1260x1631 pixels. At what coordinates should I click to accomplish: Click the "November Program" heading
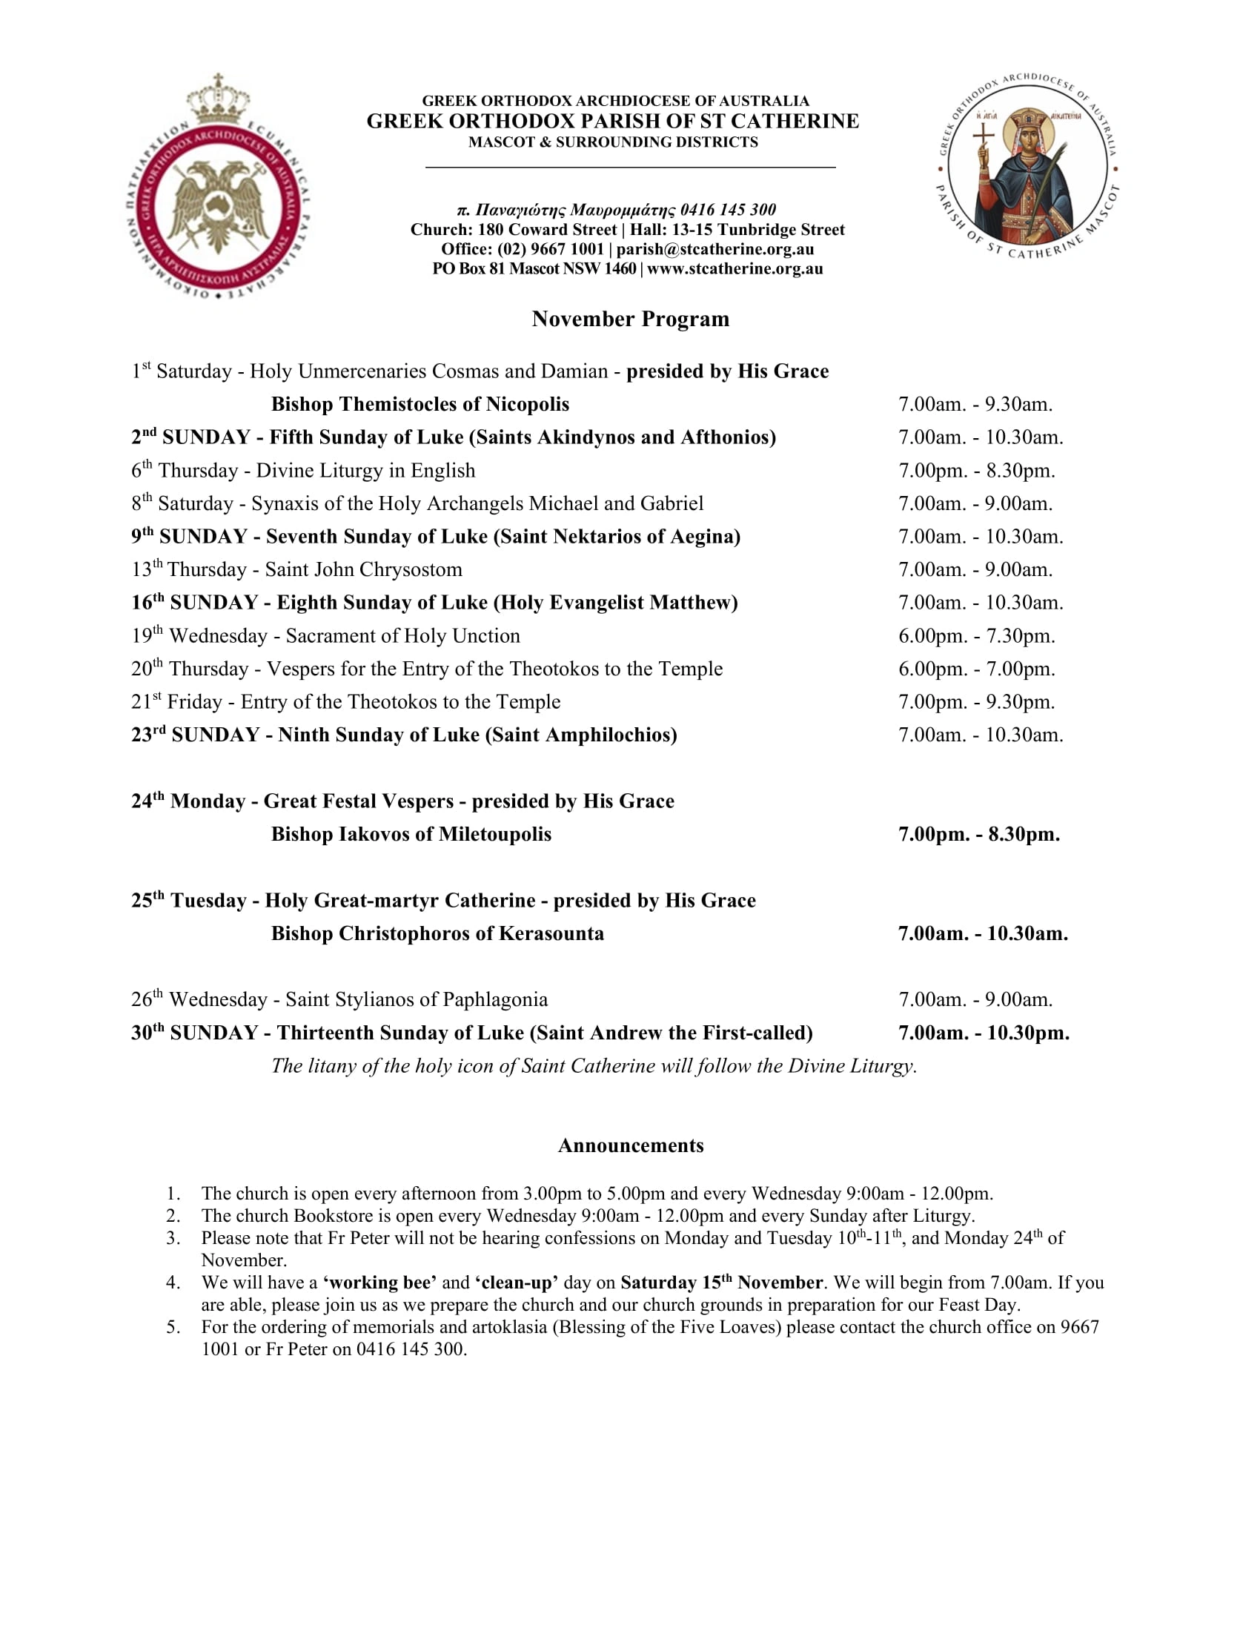(x=630, y=319)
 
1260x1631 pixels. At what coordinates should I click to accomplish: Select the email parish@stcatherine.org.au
(x=714, y=249)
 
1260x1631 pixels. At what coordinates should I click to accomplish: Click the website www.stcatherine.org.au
(x=735, y=269)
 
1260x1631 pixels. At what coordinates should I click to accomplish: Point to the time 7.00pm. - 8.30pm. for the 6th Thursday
(x=976, y=471)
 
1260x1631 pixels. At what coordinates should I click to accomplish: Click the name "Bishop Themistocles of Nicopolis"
(x=420, y=404)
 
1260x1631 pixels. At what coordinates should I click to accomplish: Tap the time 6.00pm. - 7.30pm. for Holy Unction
(x=976, y=635)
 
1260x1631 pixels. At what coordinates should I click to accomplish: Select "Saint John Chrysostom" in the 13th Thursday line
(x=363, y=569)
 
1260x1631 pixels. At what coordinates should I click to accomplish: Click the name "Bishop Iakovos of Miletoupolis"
(x=411, y=833)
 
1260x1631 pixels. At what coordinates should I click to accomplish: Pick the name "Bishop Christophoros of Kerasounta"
(x=437, y=933)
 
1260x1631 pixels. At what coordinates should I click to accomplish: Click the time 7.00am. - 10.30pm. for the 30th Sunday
(x=983, y=1032)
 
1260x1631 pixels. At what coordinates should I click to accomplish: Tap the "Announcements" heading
(x=630, y=1145)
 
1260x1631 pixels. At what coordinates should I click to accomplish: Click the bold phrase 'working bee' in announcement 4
(x=380, y=1283)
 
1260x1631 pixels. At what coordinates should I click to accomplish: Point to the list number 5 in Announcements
(x=173, y=1327)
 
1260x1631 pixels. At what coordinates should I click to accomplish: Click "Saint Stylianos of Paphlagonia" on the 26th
(x=417, y=999)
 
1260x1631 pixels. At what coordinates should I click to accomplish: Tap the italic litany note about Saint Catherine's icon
(x=594, y=1065)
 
